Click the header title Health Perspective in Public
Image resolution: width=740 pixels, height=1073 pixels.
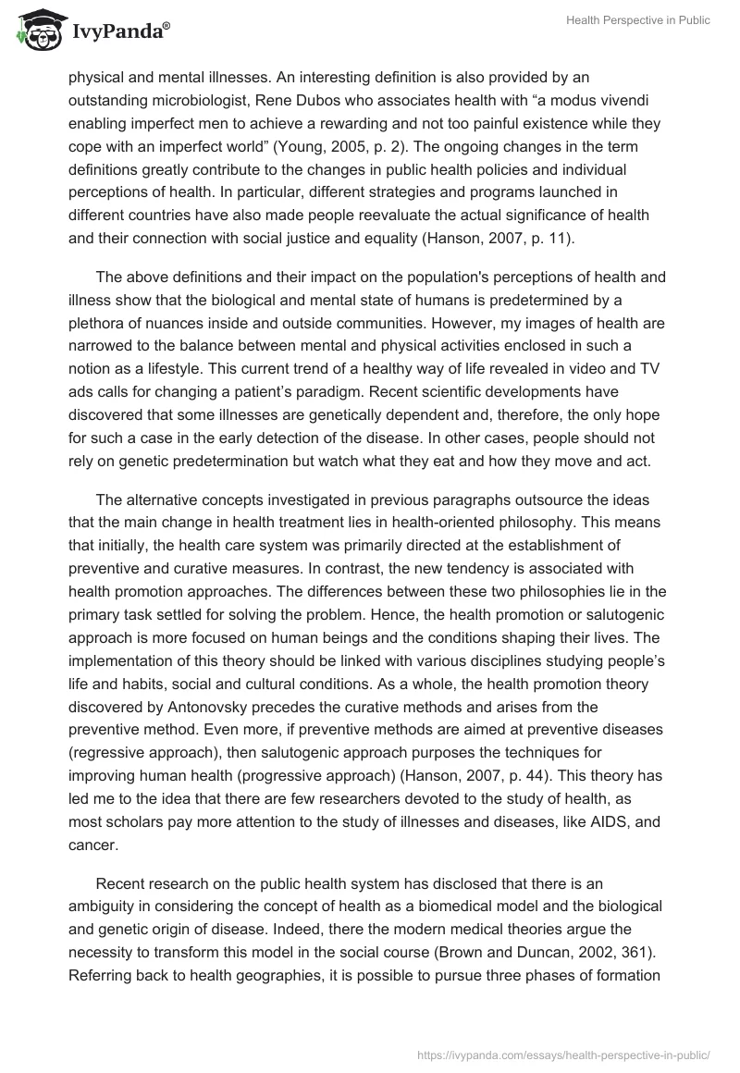pos(637,20)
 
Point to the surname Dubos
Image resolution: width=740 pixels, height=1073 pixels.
pos(364,99)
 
